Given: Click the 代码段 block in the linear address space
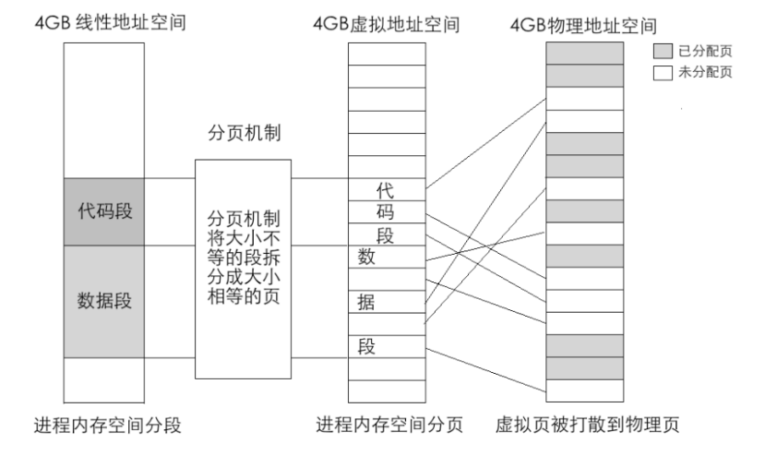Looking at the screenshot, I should tap(104, 211).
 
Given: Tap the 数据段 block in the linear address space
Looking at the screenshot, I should tap(104, 301).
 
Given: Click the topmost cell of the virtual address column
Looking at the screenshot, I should tap(387, 54).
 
